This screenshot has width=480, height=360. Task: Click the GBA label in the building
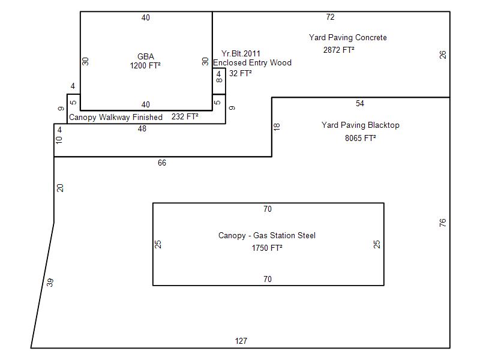(x=145, y=57)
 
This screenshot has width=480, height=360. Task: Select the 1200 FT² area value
(x=145, y=65)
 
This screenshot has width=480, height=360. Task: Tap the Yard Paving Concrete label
(x=348, y=38)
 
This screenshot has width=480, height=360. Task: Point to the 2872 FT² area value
(x=338, y=50)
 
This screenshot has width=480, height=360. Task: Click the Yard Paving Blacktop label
(x=360, y=125)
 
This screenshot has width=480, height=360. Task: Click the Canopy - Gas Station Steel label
(x=266, y=236)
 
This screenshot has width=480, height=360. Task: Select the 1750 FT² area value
(x=267, y=248)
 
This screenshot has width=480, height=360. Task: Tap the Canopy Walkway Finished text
(x=116, y=118)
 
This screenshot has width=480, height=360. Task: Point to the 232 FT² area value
(x=185, y=117)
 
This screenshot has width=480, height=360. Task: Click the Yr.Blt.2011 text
(x=241, y=54)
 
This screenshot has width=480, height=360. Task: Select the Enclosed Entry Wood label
(x=252, y=62)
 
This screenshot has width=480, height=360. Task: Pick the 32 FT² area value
(x=240, y=74)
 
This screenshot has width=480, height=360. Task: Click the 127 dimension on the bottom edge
(x=241, y=341)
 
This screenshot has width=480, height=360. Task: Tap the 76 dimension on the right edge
(x=443, y=223)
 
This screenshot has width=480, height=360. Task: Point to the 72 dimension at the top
(x=330, y=17)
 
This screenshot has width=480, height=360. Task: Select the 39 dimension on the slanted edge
(x=50, y=282)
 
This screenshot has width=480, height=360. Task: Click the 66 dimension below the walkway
(x=162, y=163)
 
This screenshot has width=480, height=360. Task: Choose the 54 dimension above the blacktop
(x=359, y=104)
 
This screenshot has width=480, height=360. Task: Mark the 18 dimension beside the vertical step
(x=277, y=127)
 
